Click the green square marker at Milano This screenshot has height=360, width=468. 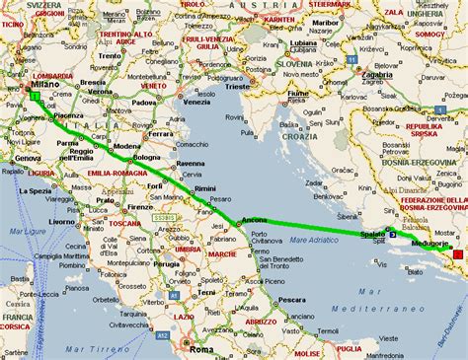click(36, 97)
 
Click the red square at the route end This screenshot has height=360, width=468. click(456, 255)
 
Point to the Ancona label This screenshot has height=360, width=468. click(256, 218)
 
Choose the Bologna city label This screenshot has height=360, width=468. click(146, 157)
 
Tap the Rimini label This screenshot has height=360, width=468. click(205, 187)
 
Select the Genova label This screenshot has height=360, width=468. click(27, 158)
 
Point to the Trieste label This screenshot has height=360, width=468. click(238, 87)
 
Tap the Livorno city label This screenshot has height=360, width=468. click(61, 222)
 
